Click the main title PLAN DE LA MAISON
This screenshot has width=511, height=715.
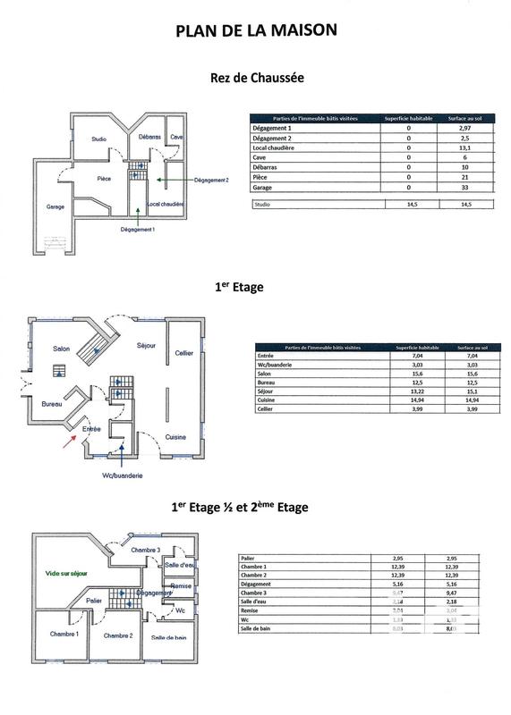click(256, 29)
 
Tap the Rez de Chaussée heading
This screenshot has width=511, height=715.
click(256, 78)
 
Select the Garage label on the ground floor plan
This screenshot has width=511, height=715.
click(55, 206)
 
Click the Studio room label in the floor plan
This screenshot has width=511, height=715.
click(98, 139)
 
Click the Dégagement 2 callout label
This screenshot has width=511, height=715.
click(211, 180)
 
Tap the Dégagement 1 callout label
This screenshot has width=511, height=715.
click(137, 229)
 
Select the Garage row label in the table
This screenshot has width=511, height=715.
click(263, 188)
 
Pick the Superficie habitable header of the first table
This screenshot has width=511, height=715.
click(408, 119)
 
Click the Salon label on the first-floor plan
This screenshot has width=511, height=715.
click(62, 349)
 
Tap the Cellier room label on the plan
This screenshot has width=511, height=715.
click(184, 353)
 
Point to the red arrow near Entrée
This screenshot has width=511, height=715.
click(68, 440)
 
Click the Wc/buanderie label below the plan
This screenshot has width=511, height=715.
click(123, 476)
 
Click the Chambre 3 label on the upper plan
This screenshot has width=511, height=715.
click(146, 550)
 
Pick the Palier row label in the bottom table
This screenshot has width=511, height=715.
click(250, 558)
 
